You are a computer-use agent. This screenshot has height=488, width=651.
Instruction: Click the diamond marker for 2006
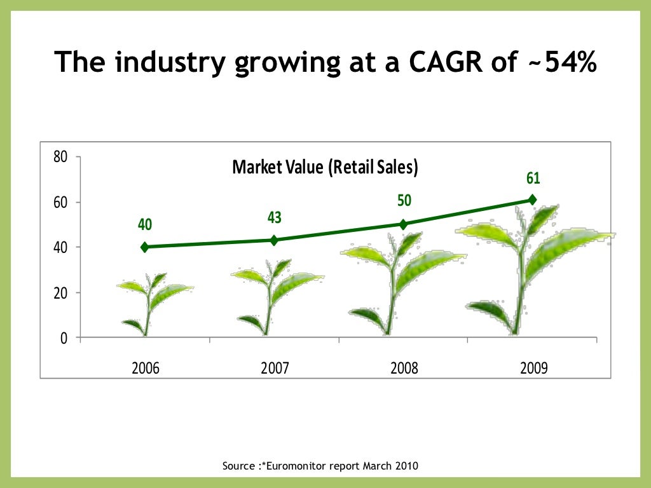click(145, 247)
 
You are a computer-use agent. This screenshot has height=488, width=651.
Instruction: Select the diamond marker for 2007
click(274, 240)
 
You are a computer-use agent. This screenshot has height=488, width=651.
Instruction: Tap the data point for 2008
click(403, 224)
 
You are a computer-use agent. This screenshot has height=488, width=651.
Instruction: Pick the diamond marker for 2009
click(532, 200)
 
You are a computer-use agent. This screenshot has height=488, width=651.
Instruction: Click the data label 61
click(533, 179)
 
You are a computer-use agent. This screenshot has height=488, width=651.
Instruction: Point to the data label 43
click(275, 217)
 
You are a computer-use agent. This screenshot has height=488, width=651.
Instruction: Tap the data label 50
click(404, 201)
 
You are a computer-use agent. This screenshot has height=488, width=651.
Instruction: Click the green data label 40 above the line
click(146, 225)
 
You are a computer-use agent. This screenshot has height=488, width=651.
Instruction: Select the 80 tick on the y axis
click(60, 157)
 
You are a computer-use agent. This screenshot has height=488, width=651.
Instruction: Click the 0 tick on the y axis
click(64, 337)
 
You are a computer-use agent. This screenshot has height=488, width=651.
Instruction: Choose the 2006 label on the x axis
click(146, 368)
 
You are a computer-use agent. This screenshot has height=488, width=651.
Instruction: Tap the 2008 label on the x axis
click(403, 368)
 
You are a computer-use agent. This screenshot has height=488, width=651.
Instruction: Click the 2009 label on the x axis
click(532, 368)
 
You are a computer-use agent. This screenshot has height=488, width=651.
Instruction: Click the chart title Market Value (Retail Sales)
click(325, 167)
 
